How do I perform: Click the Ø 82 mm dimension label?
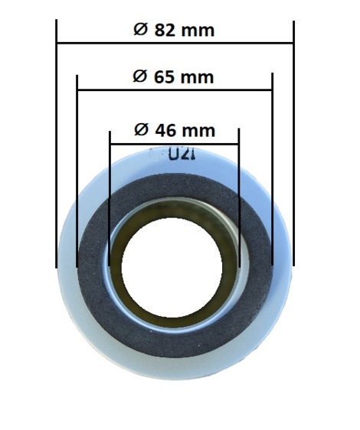pyautogui.click(x=174, y=30)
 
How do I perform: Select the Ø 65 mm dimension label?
pyautogui.click(x=173, y=77)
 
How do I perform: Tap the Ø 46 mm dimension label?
pyautogui.click(x=175, y=130)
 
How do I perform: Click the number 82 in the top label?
pyautogui.click(x=165, y=30)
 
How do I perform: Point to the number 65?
pyautogui.click(x=164, y=77)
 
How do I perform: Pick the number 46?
pyautogui.click(x=165, y=131)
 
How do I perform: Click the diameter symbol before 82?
pyautogui.click(x=141, y=30)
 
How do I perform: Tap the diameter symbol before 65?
pyautogui.click(x=140, y=77)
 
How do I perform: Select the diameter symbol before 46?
pyautogui.click(x=142, y=130)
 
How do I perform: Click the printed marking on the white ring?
pyautogui.click(x=182, y=155)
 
